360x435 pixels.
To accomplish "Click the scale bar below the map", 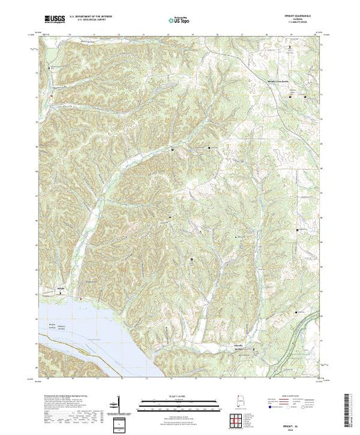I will pos(179,401).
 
